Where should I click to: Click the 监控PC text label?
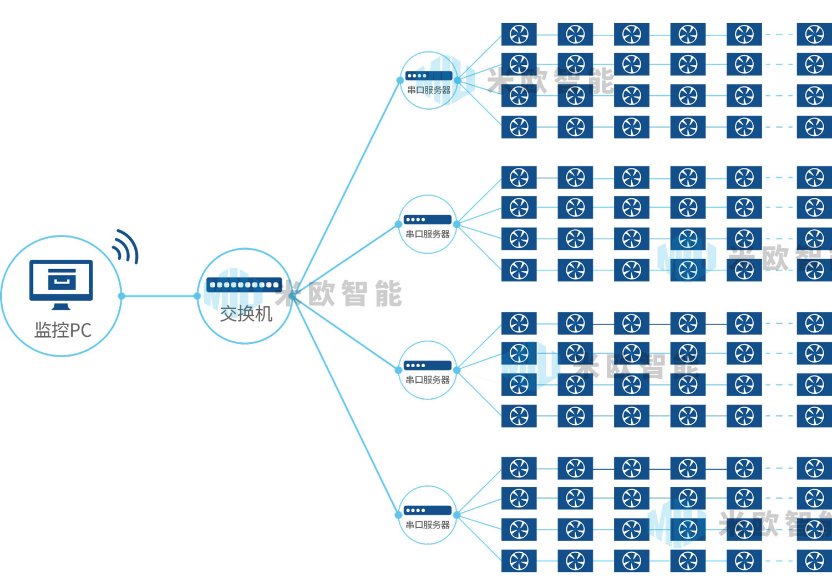click(63, 330)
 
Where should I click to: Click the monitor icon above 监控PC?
click(61, 282)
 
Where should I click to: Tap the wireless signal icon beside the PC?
click(125, 246)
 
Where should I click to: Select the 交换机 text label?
click(246, 314)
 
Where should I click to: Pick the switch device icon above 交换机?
click(244, 285)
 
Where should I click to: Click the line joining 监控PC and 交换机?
click(159, 296)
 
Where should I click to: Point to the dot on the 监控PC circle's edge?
click(121, 296)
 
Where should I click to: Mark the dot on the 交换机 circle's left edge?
click(197, 296)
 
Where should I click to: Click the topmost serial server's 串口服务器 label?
click(428, 90)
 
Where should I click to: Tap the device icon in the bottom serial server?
click(427, 510)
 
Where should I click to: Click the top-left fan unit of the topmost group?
click(519, 34)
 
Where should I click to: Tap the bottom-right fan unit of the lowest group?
click(814, 561)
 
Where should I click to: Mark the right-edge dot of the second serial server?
click(456, 224)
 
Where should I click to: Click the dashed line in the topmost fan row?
click(779, 34)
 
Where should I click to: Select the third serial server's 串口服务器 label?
click(427, 380)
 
